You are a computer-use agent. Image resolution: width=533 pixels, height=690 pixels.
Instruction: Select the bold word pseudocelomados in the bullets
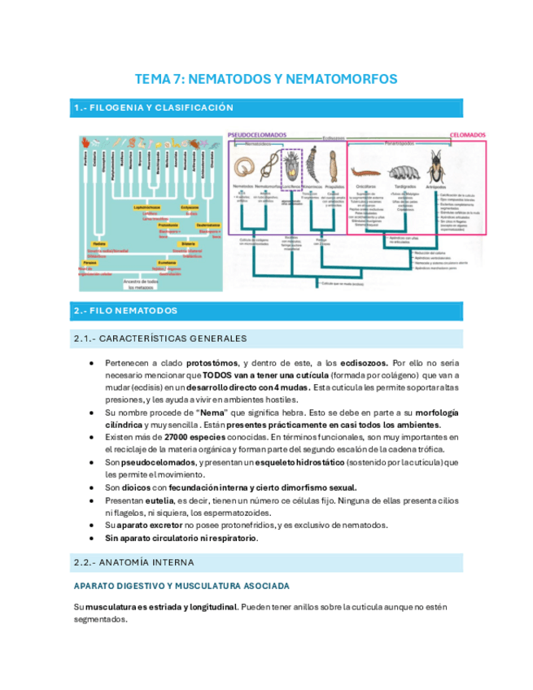(157, 463)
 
